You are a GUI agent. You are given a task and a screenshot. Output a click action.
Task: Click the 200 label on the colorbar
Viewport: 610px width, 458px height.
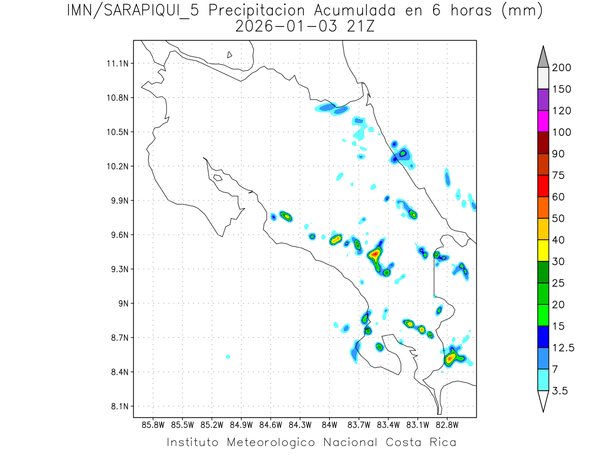click(561, 68)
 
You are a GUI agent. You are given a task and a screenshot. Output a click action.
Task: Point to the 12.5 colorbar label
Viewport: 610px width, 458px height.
click(563, 348)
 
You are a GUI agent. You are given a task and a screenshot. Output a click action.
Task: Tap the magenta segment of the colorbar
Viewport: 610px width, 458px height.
click(543, 121)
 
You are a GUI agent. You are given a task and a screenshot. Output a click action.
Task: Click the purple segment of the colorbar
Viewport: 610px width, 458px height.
click(543, 100)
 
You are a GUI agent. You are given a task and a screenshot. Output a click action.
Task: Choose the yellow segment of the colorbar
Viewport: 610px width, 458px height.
click(543, 250)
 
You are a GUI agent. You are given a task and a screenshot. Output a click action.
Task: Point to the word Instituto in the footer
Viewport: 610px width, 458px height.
click(193, 442)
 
